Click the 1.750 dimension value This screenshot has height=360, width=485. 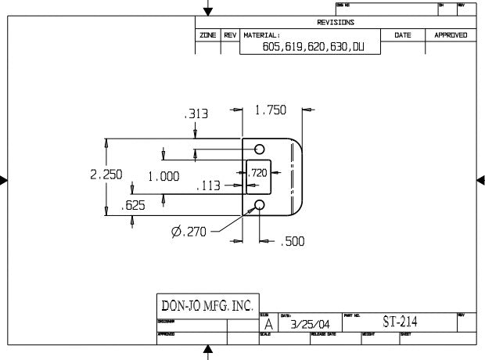coord(271,111)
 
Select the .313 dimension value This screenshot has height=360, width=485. coord(196,114)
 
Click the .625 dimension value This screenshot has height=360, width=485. coord(135,206)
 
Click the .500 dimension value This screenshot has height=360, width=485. coord(293,243)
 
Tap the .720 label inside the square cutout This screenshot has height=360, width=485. coord(258,172)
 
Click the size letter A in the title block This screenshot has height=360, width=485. coord(268,324)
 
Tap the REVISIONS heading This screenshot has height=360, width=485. coord(336,23)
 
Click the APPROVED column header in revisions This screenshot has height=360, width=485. coord(451,35)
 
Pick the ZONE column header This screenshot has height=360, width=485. coord(208,35)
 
